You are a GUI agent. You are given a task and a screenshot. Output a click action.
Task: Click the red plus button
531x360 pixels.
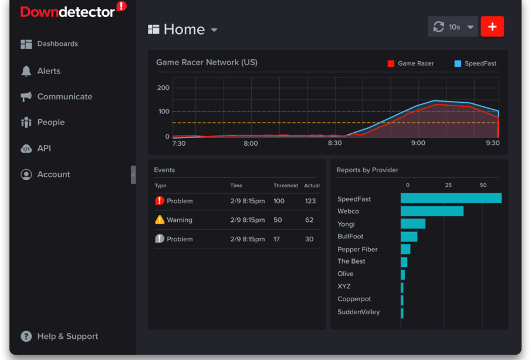coord(492,26)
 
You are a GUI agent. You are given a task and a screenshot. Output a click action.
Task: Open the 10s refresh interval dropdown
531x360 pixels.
coord(453,27)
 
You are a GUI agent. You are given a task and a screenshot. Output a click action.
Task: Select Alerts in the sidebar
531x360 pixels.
coord(49,71)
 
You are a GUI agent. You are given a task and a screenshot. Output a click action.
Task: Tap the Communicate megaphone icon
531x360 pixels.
coord(26,97)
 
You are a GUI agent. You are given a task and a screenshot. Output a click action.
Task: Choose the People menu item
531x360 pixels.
coord(50,122)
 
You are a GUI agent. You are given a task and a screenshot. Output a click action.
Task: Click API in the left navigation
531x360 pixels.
coord(44,148)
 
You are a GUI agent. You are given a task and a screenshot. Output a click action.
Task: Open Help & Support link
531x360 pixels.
coord(67,337)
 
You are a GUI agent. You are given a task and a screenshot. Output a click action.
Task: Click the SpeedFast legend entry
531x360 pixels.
coord(475,63)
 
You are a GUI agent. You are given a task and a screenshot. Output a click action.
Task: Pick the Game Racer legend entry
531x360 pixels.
coord(411,63)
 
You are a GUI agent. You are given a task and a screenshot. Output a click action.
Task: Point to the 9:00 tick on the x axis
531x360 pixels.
coord(418,143)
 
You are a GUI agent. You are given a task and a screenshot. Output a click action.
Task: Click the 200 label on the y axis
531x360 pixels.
coord(163,88)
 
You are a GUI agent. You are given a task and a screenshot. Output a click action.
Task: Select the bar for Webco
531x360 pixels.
coord(432,211)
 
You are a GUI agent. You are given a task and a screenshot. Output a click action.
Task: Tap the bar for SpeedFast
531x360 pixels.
coord(451,198)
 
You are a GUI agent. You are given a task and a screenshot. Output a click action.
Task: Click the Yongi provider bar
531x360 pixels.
coord(413,224)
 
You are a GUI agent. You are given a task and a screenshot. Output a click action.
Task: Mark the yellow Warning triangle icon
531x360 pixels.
coord(160,220)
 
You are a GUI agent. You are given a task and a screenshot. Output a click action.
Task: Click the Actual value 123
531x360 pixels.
coord(310,201)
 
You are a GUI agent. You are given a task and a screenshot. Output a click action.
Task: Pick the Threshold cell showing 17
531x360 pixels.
coord(277,239)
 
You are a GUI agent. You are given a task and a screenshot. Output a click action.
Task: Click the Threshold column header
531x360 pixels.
coord(285,186)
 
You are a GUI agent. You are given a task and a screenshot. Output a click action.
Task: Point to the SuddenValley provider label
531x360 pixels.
coord(358,312)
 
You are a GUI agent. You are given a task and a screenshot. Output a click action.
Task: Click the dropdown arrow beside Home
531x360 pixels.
coord(214,30)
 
